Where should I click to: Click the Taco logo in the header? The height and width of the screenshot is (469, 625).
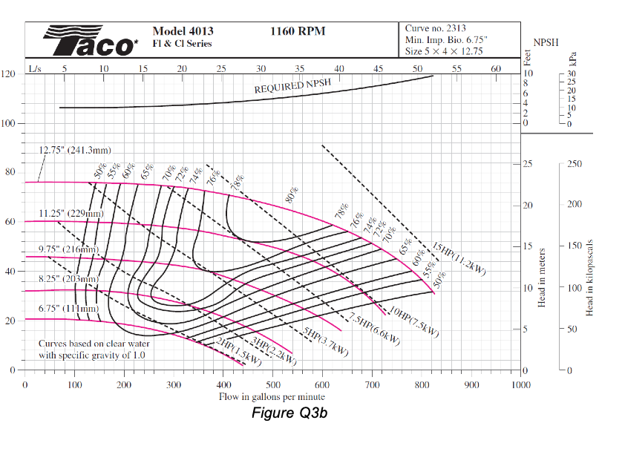point(90,42)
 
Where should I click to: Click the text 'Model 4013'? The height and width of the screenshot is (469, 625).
point(183,31)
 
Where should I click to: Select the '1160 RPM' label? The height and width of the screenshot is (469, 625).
point(298,31)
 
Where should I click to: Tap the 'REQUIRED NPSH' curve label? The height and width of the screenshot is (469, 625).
point(292,86)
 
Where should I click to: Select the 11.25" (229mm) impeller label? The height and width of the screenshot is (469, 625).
point(71,214)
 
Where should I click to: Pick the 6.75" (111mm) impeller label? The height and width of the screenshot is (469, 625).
point(68,308)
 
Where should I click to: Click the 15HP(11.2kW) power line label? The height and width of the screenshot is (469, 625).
point(459,258)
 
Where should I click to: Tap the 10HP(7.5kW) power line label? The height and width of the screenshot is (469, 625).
point(414,321)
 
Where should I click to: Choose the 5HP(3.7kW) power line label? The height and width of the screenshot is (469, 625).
point(327,342)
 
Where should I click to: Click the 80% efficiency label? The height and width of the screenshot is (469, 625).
point(292,195)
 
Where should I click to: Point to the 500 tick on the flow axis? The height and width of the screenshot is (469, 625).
point(273,385)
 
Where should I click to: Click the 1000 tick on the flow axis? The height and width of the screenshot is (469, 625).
point(520,385)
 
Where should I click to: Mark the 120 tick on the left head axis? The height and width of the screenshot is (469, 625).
point(9,74)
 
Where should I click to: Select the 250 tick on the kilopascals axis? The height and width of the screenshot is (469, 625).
point(575,164)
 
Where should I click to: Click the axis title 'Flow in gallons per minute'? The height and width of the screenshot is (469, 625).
point(272,398)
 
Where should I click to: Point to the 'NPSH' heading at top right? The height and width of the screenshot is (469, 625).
point(547,44)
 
